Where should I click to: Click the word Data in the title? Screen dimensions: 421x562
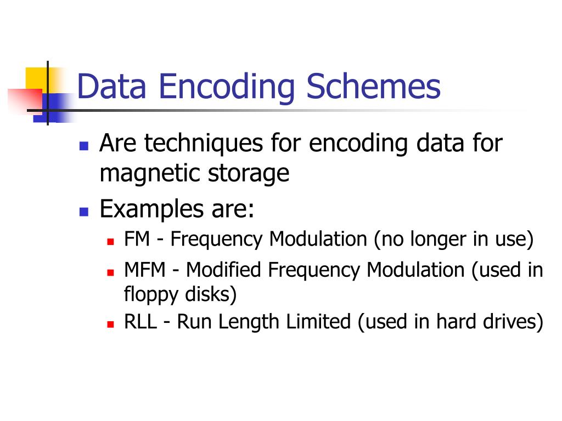(x=110, y=87)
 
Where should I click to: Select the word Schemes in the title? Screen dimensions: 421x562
(x=374, y=87)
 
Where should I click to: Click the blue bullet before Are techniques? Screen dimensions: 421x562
(x=84, y=146)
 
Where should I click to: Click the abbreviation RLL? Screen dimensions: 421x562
(x=139, y=322)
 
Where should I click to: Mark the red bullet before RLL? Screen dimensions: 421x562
(x=110, y=324)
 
